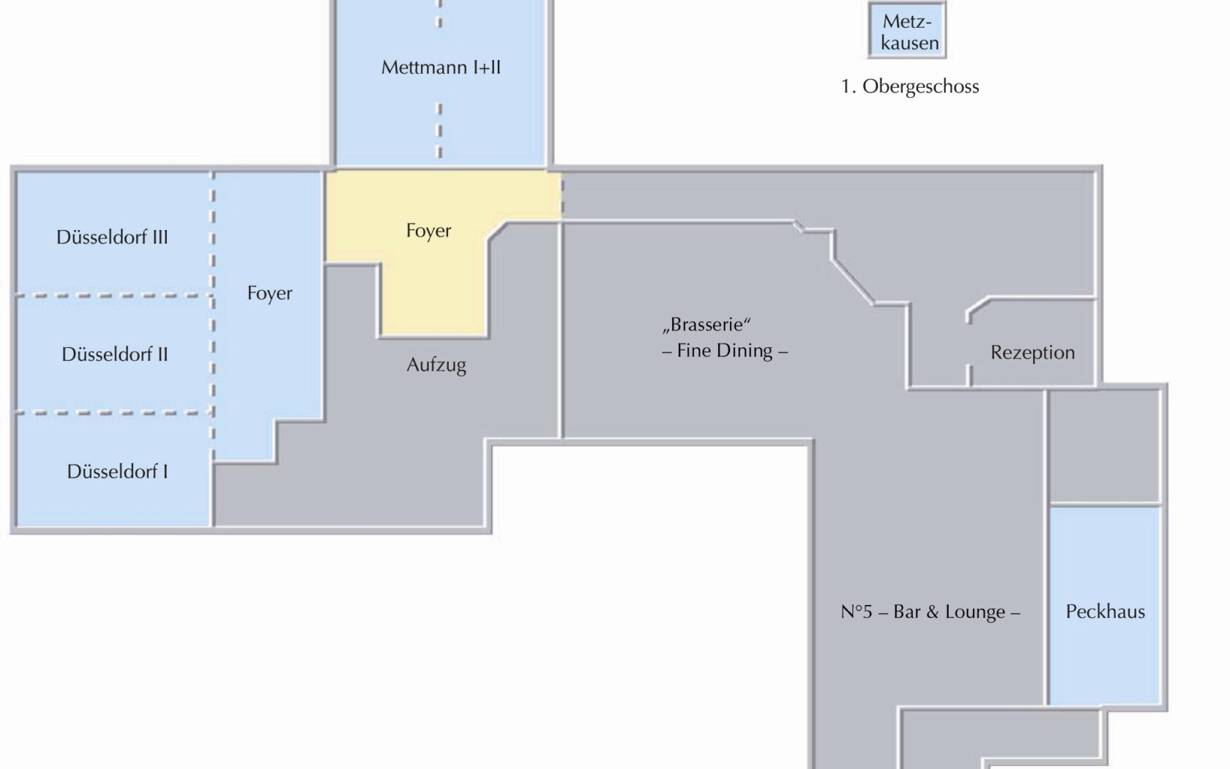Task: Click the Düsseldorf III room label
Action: coord(112,237)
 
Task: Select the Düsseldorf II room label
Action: coord(115,354)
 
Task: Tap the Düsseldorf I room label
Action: coord(117,472)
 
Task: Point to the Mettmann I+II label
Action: coord(441,67)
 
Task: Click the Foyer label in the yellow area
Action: coord(428,231)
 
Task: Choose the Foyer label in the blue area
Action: coord(269,293)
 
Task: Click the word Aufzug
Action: coord(436,365)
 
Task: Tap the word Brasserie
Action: coord(706,324)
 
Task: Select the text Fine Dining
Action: coord(725,350)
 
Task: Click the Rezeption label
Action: coord(1032,353)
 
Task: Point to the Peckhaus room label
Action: coord(1106,612)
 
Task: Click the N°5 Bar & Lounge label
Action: coord(930,612)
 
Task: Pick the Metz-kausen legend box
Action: coord(907,30)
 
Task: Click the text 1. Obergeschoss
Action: coord(910,86)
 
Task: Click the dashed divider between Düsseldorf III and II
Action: coord(114,296)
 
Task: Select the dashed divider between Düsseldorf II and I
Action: coord(114,412)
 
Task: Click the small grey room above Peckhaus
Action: coord(1105,446)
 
